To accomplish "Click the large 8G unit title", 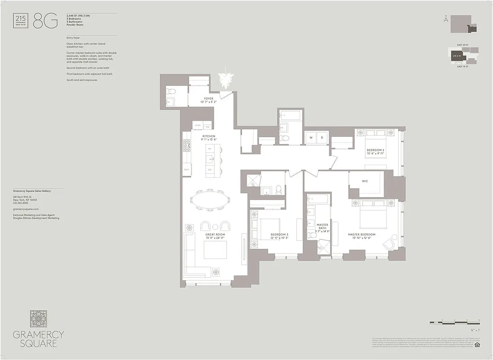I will (45, 22).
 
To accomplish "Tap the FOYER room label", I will (209, 99).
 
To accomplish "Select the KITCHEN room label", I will (209, 136).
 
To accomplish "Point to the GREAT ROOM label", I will (215, 235).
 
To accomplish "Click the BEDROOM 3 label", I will (279, 235).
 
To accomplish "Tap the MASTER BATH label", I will (323, 227).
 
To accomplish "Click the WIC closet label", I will (365, 182).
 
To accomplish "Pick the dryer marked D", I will (322, 137).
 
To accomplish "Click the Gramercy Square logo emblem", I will (38, 319).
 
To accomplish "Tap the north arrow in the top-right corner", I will (445, 19).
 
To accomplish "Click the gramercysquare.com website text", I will (26, 209).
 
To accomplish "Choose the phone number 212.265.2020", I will (22, 203).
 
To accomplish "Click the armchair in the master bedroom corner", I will (390, 243).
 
